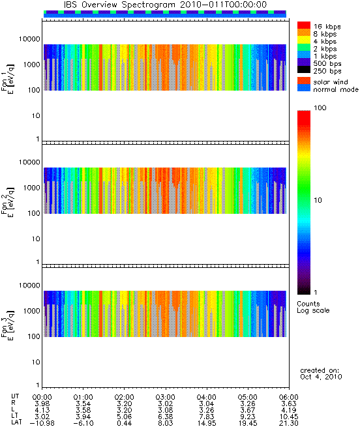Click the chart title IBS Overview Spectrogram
point(119,5)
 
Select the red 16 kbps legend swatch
point(304,25)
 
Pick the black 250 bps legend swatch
point(304,70)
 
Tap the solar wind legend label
point(331,82)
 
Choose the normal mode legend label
point(336,89)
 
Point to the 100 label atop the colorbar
point(320,108)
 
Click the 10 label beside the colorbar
point(318,200)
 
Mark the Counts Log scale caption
point(313,307)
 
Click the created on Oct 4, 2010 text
point(321,374)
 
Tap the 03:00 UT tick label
point(166,397)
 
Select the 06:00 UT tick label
point(289,397)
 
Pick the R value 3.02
point(166,404)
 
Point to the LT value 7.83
point(207,417)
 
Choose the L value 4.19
point(289,410)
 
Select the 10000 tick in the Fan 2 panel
point(29,162)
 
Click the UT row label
point(15,396)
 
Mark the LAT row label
point(16,422)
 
